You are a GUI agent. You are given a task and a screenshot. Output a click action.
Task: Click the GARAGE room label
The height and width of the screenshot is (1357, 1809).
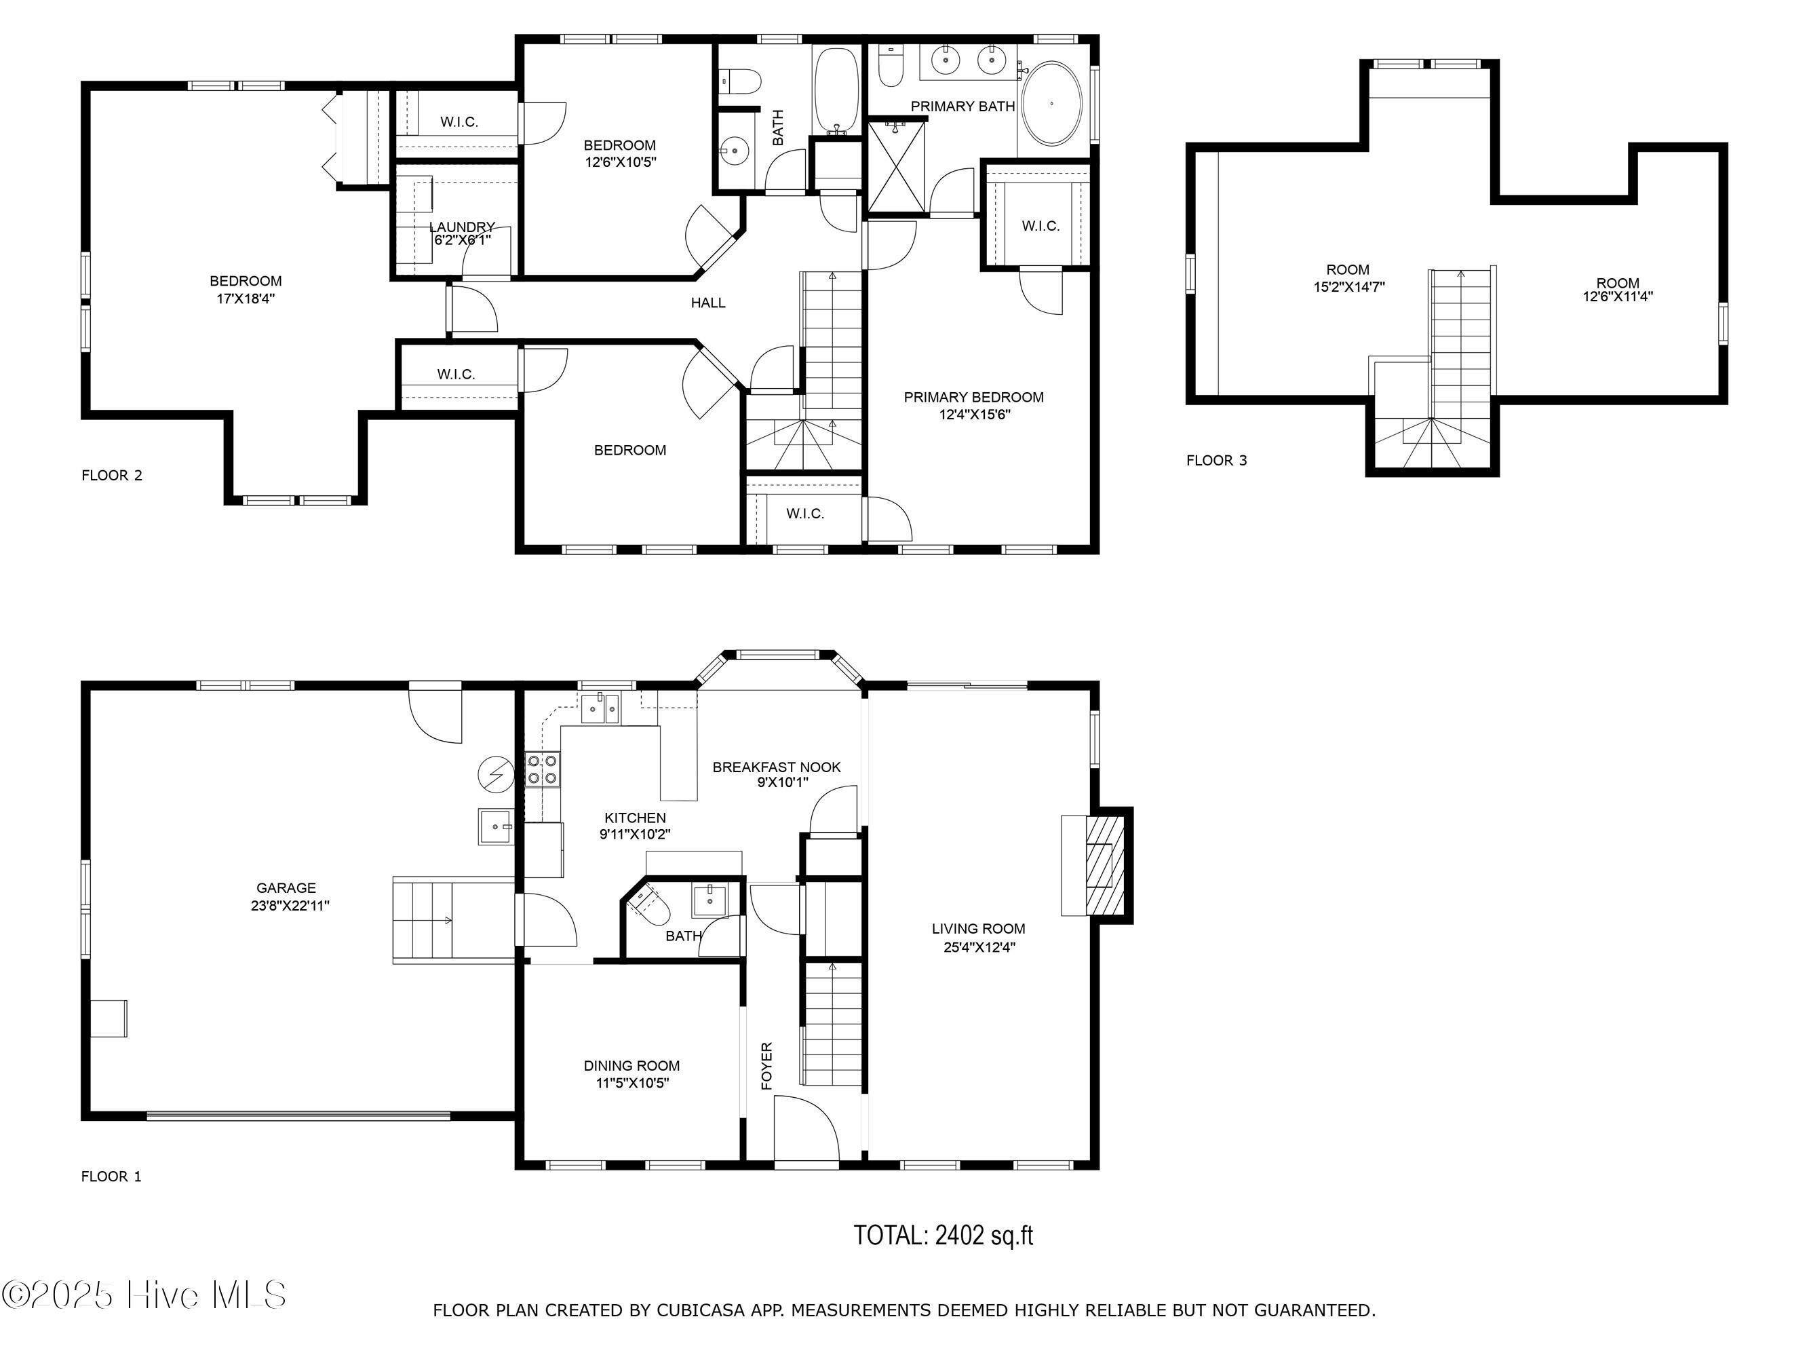click(x=286, y=887)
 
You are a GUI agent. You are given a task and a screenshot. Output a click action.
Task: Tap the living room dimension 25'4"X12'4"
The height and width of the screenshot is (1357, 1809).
click(x=978, y=947)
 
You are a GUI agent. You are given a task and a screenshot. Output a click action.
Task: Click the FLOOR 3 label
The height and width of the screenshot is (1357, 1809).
click(x=1217, y=461)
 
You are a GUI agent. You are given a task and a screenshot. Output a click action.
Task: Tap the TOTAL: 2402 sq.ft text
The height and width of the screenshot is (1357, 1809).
click(x=944, y=1235)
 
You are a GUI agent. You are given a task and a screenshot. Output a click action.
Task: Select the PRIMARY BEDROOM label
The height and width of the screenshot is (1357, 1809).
click(x=973, y=398)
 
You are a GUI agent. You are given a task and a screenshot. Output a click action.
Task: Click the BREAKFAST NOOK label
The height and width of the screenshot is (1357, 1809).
click(x=776, y=767)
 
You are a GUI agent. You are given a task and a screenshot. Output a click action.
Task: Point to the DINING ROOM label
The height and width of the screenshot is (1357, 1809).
click(x=631, y=1066)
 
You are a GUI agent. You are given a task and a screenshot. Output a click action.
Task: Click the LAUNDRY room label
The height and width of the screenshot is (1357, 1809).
click(x=462, y=227)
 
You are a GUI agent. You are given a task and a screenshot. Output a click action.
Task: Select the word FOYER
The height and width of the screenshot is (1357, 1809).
click(x=767, y=1066)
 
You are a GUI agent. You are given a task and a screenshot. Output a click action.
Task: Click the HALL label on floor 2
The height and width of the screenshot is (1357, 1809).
click(x=708, y=303)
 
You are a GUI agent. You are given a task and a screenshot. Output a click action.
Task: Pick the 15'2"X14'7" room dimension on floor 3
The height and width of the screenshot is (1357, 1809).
click(x=1348, y=287)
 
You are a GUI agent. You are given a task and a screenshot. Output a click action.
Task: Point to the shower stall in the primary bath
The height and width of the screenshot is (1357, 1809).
click(x=897, y=167)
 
